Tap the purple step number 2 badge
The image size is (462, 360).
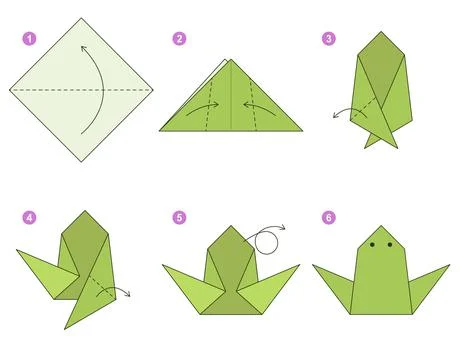[179, 40]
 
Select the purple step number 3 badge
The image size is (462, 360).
[328, 40]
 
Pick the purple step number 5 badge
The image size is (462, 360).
[179, 216]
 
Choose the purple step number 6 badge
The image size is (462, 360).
[328, 216]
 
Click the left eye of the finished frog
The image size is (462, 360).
[373, 245]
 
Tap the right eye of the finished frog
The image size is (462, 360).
[387, 245]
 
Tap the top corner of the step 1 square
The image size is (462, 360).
[81, 21]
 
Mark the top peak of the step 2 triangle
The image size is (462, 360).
[233, 59]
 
